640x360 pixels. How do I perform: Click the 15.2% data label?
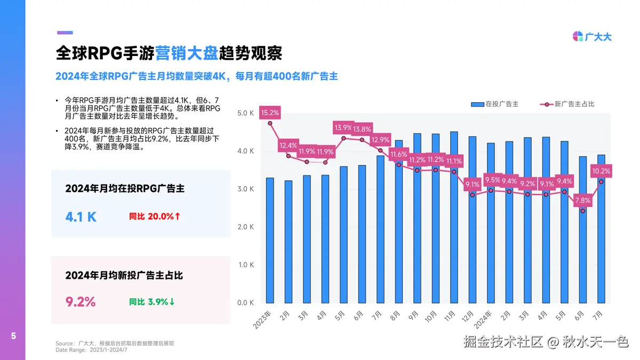tap(270, 113)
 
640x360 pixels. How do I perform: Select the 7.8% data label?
tap(583, 201)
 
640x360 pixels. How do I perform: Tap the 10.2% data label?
tap(601, 171)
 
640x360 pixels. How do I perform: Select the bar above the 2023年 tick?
tap(270, 240)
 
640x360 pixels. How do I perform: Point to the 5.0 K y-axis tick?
tap(246, 113)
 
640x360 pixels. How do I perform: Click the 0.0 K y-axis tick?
tap(246, 303)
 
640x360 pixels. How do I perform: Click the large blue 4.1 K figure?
tap(81, 217)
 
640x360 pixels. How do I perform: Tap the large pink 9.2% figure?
tap(81, 302)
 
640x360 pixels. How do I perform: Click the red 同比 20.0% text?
tap(155, 217)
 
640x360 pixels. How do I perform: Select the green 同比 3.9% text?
tap(152, 302)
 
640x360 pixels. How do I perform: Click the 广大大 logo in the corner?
tap(592, 36)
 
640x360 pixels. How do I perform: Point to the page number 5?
tap(13, 336)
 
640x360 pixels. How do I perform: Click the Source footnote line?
tap(115, 343)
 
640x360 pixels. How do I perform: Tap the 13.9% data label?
tap(343, 128)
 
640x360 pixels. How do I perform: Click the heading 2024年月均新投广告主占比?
tap(124, 275)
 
